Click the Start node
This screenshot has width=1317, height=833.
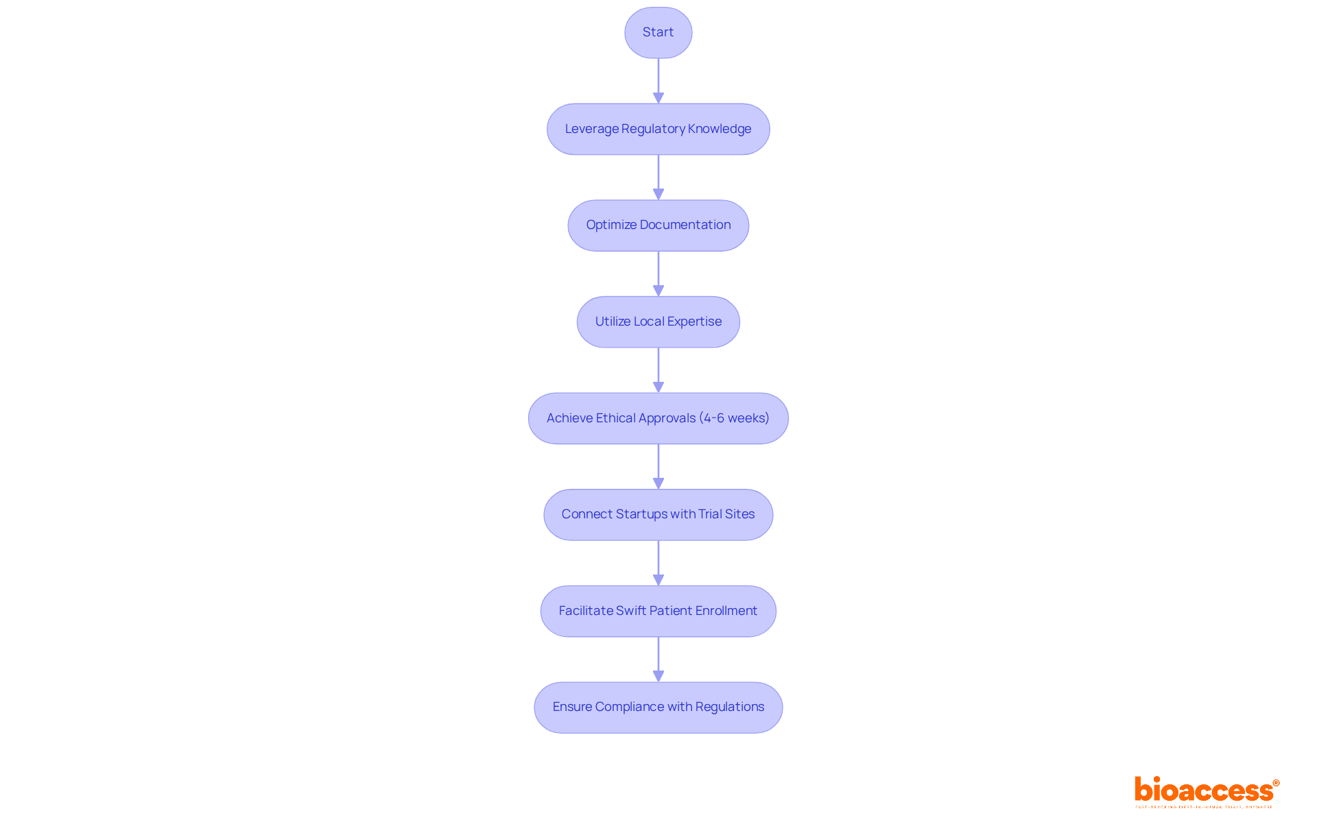click(x=658, y=33)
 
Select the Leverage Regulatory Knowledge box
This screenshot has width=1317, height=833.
click(x=658, y=129)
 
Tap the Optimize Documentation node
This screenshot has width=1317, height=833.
click(x=658, y=226)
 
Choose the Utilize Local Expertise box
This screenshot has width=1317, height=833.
click(x=658, y=322)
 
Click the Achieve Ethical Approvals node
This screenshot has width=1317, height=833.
click(x=658, y=418)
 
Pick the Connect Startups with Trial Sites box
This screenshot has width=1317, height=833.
click(x=658, y=515)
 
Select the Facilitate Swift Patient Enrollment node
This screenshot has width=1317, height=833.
click(x=658, y=611)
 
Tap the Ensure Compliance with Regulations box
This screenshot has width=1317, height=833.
click(x=658, y=708)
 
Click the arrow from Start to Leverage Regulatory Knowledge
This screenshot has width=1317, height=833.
click(x=658, y=81)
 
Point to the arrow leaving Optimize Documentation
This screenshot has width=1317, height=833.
click(x=658, y=274)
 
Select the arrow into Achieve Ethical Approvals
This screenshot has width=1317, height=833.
click(x=658, y=370)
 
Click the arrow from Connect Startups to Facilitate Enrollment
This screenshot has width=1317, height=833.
click(x=658, y=563)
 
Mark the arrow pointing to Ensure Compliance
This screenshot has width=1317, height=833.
click(x=658, y=660)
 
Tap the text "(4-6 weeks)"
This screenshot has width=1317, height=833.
click(x=734, y=418)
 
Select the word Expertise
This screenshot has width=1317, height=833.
click(x=694, y=322)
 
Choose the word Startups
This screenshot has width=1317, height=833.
click(x=641, y=515)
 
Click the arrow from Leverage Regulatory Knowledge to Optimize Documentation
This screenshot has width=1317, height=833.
click(x=658, y=178)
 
